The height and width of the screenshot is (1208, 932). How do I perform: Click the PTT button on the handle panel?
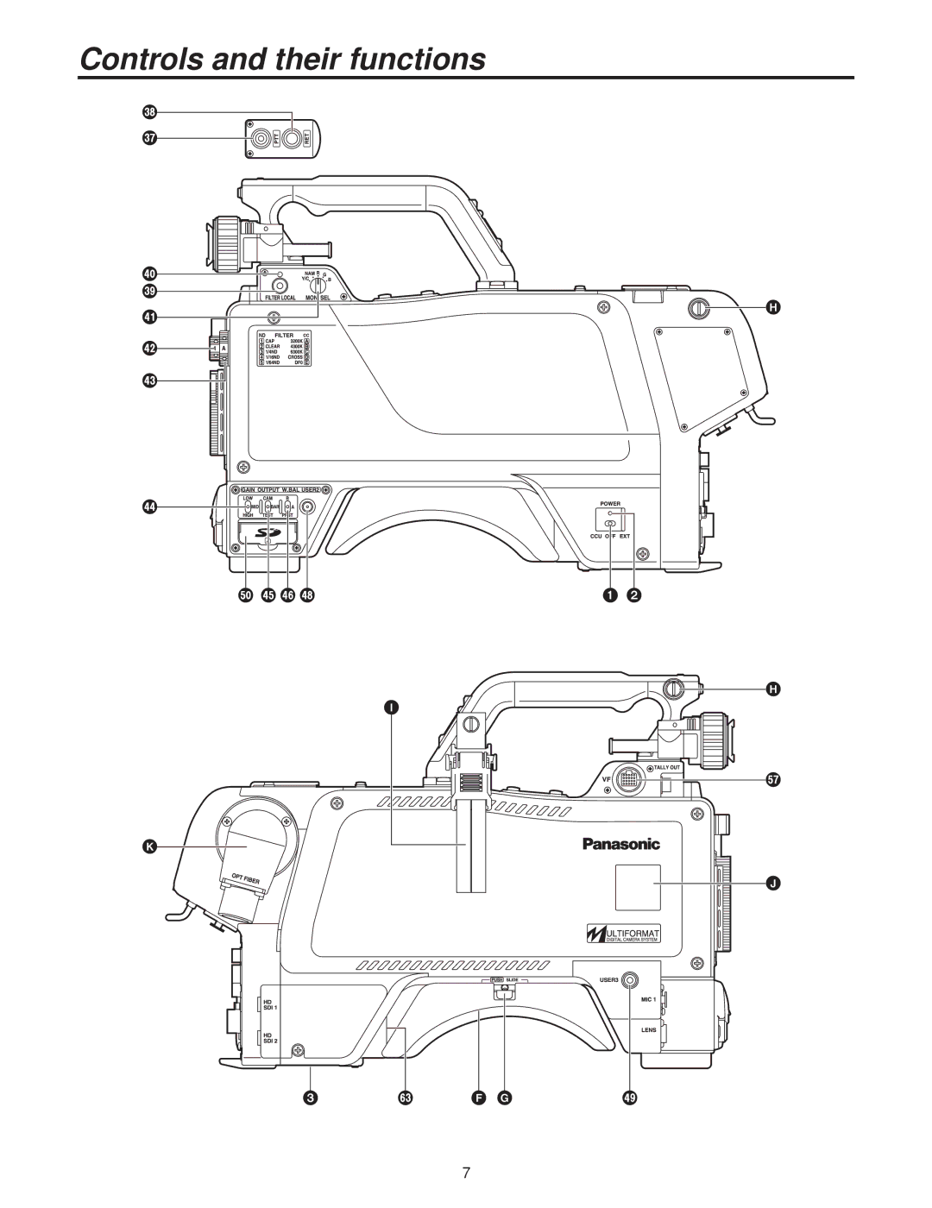click(260, 136)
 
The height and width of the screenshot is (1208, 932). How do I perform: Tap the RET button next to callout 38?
click(293, 136)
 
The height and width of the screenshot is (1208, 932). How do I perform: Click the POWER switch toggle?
click(610, 523)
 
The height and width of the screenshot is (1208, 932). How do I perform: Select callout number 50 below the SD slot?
click(246, 595)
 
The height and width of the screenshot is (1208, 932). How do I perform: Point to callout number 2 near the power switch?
click(634, 595)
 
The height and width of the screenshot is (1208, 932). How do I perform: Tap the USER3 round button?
click(631, 981)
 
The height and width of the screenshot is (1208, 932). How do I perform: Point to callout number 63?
click(403, 1098)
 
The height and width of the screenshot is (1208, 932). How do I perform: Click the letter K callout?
click(149, 849)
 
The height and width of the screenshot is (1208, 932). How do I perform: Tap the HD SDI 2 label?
click(269, 1038)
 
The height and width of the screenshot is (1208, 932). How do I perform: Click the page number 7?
click(466, 1173)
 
